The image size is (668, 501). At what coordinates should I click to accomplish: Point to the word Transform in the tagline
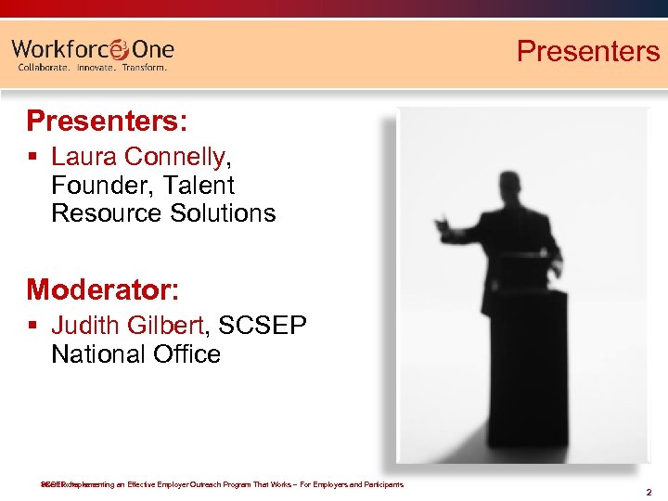pyautogui.click(x=143, y=68)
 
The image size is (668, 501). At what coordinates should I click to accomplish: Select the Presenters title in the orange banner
pyautogui.click(x=587, y=50)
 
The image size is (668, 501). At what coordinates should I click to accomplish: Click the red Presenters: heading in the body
pyautogui.click(x=107, y=121)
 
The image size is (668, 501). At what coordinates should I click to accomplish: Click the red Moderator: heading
pyautogui.click(x=102, y=289)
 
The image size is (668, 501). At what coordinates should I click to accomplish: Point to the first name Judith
pyautogui.click(x=85, y=326)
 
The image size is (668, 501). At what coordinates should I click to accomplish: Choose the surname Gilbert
pyautogui.click(x=172, y=326)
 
